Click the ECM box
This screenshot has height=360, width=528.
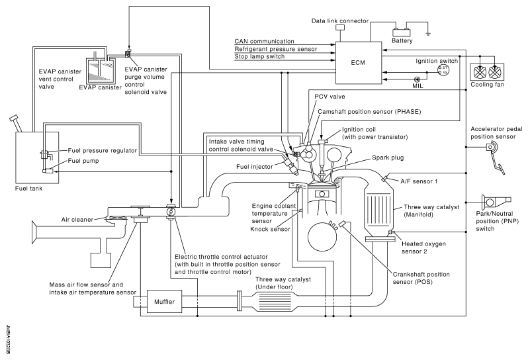[x=359, y=63]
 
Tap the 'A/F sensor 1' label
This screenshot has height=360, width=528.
[x=419, y=181]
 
